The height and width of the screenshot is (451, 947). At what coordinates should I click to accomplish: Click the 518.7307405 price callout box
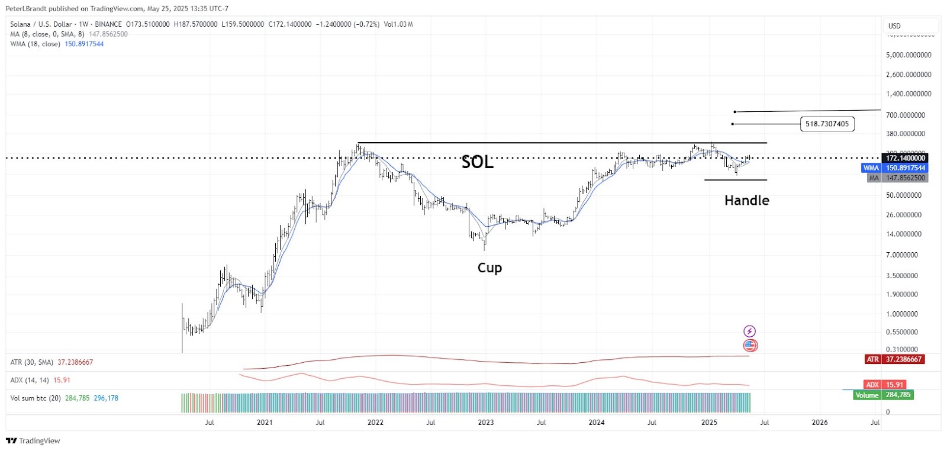pos(827,124)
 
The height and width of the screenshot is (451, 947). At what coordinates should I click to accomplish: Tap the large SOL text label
pos(477,162)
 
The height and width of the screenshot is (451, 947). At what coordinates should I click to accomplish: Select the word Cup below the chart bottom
pos(489,268)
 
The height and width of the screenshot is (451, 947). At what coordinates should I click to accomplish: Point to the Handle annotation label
pos(746,201)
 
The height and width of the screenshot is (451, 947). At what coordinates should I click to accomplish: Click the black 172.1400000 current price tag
pos(905,158)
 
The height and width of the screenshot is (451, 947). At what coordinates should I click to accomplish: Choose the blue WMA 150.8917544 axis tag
pos(894,168)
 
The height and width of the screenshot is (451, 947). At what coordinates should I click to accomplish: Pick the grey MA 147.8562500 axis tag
pos(897,178)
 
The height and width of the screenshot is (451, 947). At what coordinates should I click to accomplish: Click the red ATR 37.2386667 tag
pos(894,359)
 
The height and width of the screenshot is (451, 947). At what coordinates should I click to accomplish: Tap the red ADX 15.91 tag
pos(885,385)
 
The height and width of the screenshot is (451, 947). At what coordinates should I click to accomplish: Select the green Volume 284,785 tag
pos(883,395)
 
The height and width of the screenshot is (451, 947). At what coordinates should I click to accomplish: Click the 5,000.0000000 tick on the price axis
pos(909,55)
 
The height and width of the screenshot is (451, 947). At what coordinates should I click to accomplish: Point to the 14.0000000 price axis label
pos(904,234)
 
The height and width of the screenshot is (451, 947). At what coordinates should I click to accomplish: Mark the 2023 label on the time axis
pos(486,423)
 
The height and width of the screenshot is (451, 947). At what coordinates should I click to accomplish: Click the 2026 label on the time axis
pos(820,423)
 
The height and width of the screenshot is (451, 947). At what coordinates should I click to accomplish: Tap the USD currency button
pos(894,26)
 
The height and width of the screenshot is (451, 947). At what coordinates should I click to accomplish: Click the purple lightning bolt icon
pos(750,331)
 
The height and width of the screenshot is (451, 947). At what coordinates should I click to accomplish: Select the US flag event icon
pos(750,345)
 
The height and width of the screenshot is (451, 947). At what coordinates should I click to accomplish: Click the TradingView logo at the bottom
pos(33,441)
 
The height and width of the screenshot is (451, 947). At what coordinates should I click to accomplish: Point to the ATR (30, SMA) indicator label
pos(32,362)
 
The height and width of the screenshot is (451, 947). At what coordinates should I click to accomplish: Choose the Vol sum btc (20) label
pos(36,398)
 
